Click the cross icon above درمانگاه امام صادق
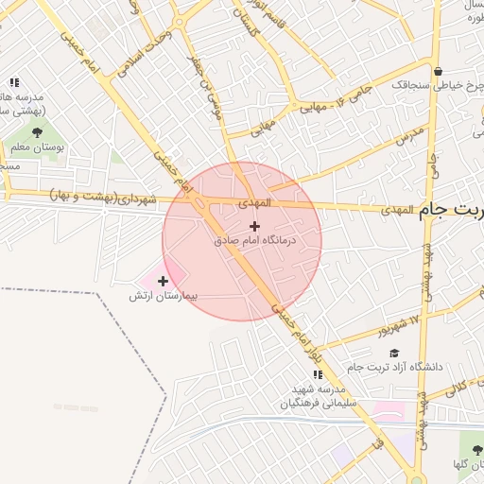[x=254, y=226]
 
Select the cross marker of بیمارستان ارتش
[x=164, y=281]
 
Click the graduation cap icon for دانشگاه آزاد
[x=393, y=353]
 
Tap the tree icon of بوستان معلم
[x=37, y=132]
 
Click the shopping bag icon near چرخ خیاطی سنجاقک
[x=438, y=70]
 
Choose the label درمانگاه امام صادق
[x=254, y=241]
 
